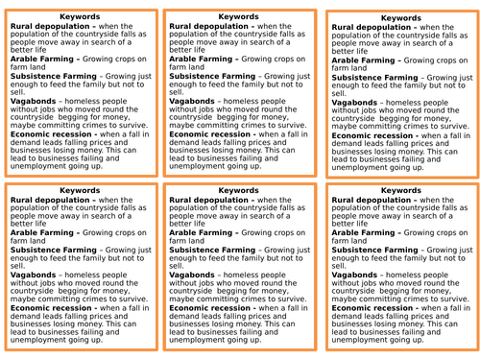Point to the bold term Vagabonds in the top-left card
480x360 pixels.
[34, 102]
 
